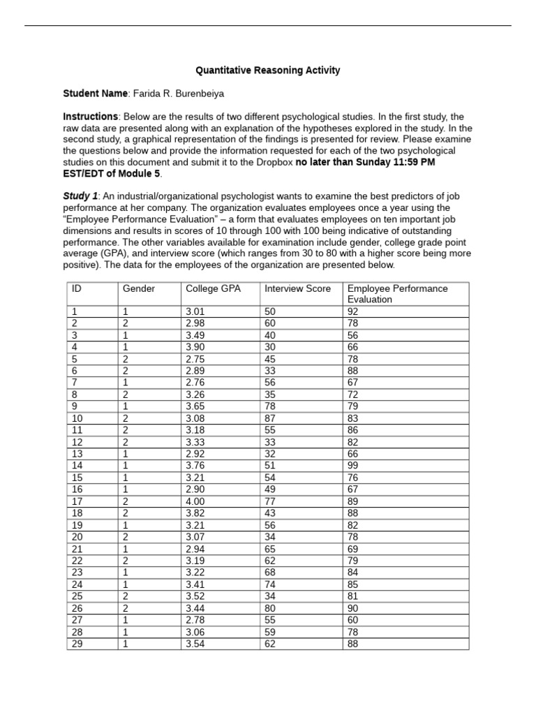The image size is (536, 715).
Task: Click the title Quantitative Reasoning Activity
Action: pos(268,71)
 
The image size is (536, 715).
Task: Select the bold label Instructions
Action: pos(90,117)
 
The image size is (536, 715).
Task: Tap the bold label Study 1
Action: pos(80,196)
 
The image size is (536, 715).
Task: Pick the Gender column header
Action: pos(139,288)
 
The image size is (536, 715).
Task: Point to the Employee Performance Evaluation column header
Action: pos(397,293)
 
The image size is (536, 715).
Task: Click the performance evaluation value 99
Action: pos(352,466)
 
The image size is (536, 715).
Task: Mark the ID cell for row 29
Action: pos(77,644)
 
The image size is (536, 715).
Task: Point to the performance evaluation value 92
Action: pos(352,311)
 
